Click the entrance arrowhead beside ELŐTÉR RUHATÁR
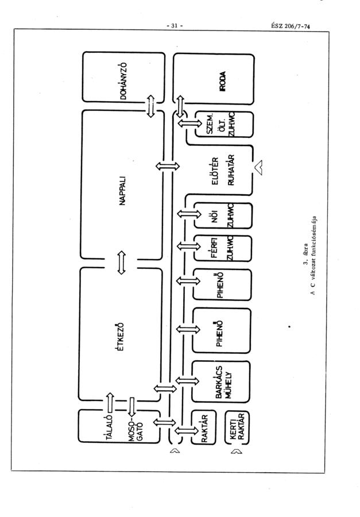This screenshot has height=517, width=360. pos(260,167)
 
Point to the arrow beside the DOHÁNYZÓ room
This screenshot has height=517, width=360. pos(152,106)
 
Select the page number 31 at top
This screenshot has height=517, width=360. pos(172,25)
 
